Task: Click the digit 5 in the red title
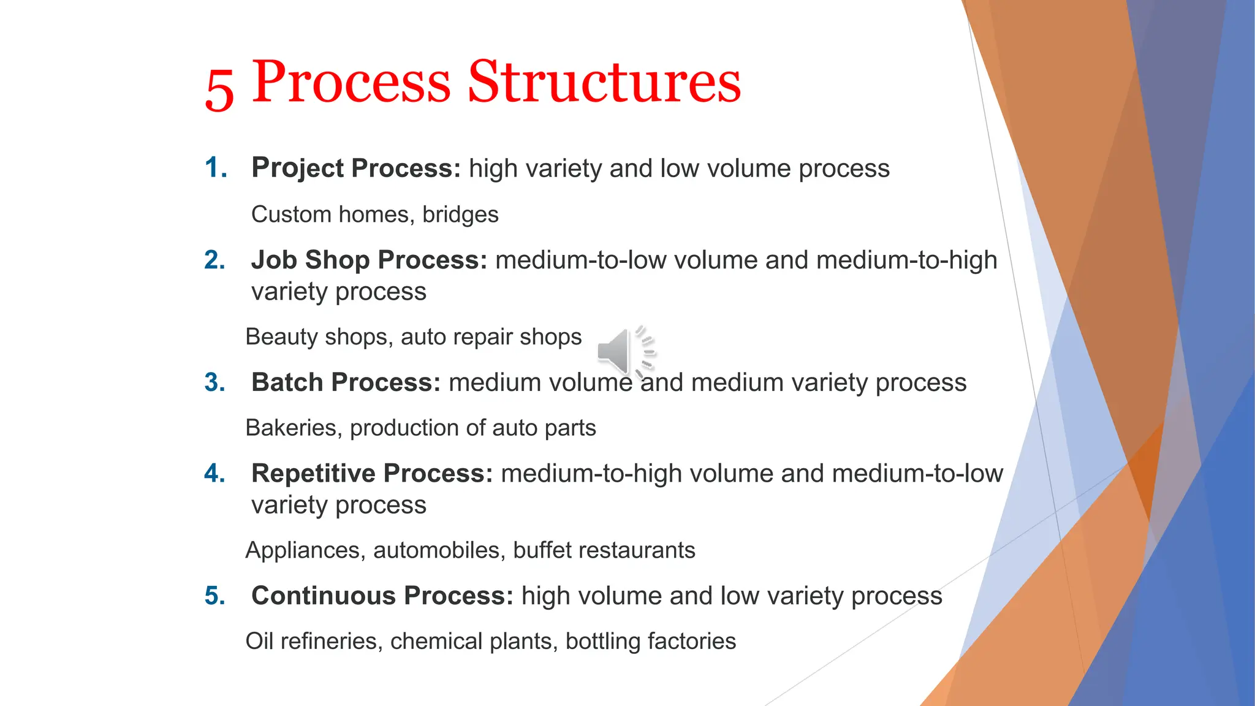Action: coord(219,89)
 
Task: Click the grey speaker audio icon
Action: coord(624,352)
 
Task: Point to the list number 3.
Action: coord(214,382)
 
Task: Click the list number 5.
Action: coord(214,596)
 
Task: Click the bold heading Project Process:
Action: coord(355,168)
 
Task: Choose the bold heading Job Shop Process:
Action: coord(369,260)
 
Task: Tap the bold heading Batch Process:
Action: coord(346,382)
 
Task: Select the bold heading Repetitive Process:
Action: coord(371,474)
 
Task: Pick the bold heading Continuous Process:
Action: coord(382,596)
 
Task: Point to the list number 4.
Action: coord(214,474)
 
